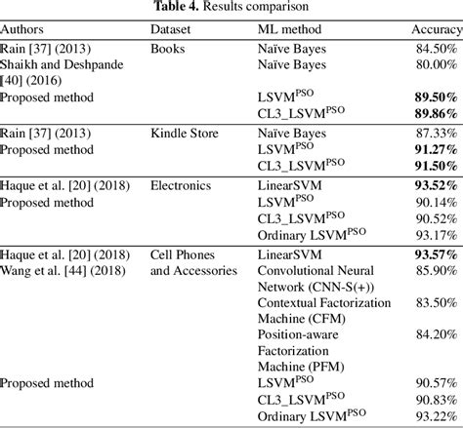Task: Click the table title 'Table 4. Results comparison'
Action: click(231, 9)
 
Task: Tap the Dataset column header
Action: click(171, 29)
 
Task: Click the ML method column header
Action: click(276, 29)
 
